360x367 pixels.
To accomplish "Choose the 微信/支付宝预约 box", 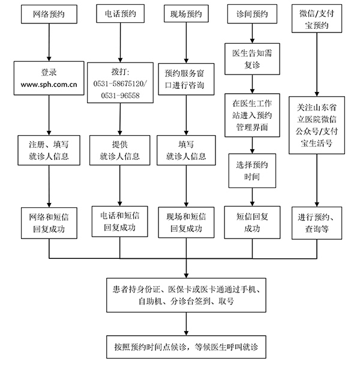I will point(316,20).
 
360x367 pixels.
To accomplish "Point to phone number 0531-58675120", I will point(119,85).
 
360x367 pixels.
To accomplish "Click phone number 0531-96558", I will point(119,96).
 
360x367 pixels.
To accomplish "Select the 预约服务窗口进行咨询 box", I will point(185,79).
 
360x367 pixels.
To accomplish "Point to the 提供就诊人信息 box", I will point(119,150).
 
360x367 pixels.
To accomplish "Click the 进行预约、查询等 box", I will point(316,222).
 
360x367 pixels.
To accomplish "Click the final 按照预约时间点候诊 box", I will point(185,347).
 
